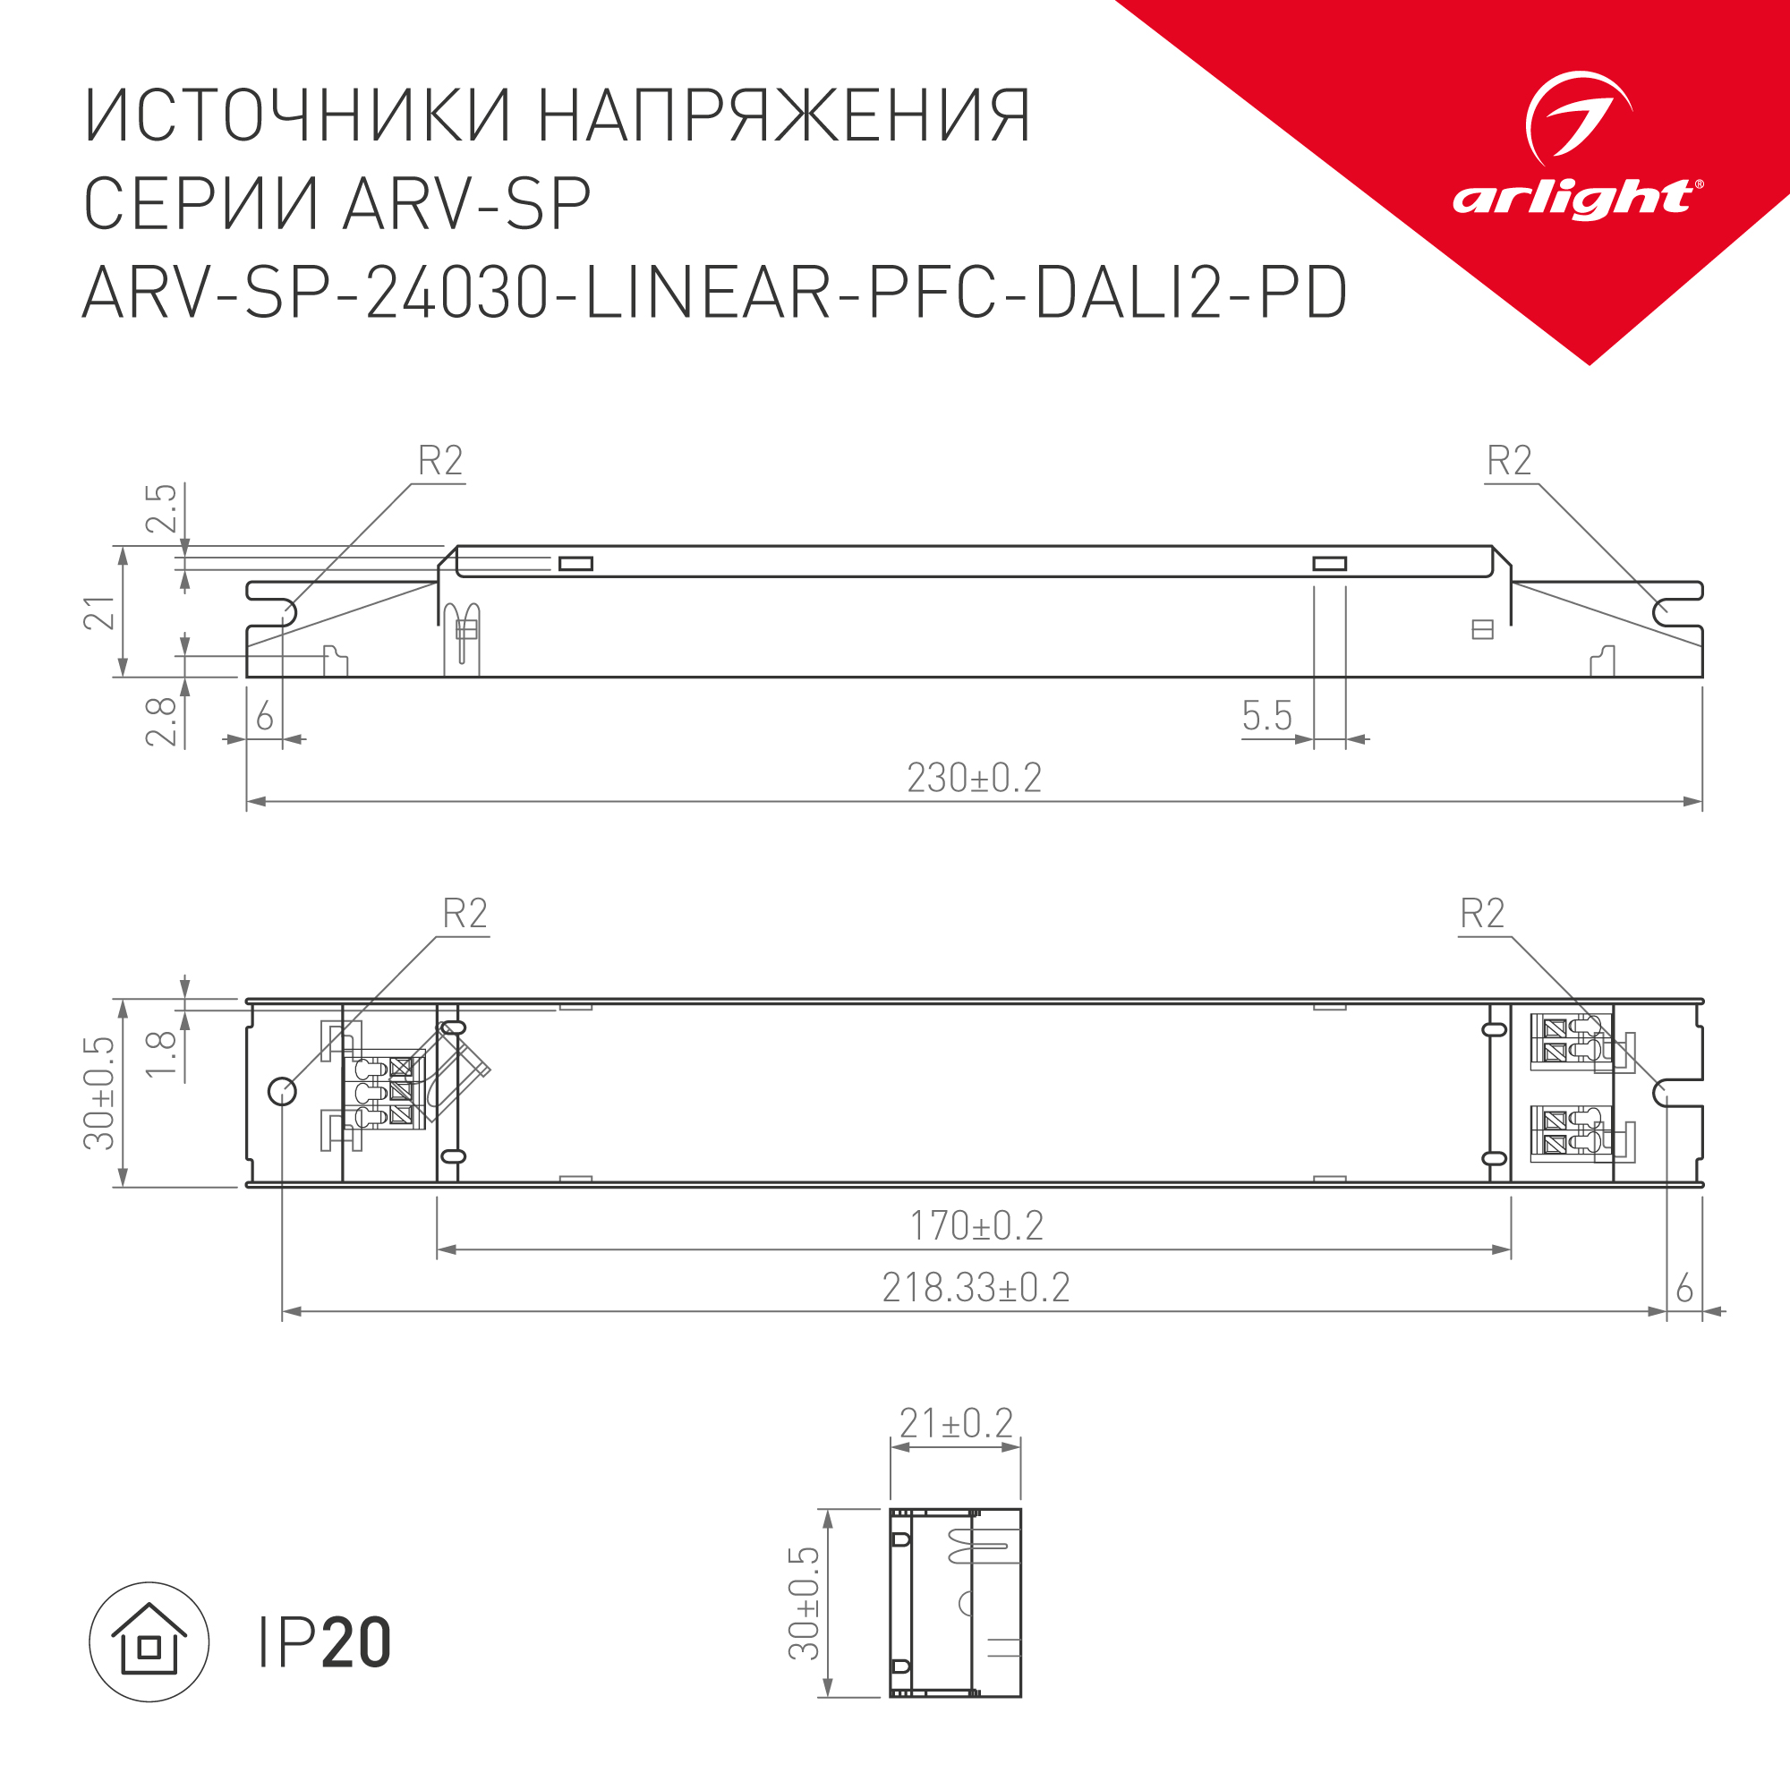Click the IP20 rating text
pyautogui.click(x=324, y=1642)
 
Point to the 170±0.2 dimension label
pyautogui.click(x=976, y=1225)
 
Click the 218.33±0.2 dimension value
pyautogui.click(x=976, y=1287)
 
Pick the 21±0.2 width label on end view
pyautogui.click(x=956, y=1423)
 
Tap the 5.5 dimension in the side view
pyautogui.click(x=1266, y=715)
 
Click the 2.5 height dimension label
pyautogui.click(x=161, y=507)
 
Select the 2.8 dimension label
pyautogui.click(x=161, y=720)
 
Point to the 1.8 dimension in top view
pyautogui.click(x=161, y=1053)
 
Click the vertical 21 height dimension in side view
pyautogui.click(x=100, y=612)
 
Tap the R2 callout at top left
pyautogui.click(x=440, y=460)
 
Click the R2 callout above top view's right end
pyautogui.click(x=1481, y=913)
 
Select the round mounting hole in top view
pyautogui.click(x=283, y=1091)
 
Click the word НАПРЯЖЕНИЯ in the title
pyautogui.click(x=784, y=116)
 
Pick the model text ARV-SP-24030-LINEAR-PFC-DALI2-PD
pyautogui.click(x=714, y=292)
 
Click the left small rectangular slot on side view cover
pyautogui.click(x=575, y=563)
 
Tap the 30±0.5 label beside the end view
pyautogui.click(x=805, y=1603)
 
